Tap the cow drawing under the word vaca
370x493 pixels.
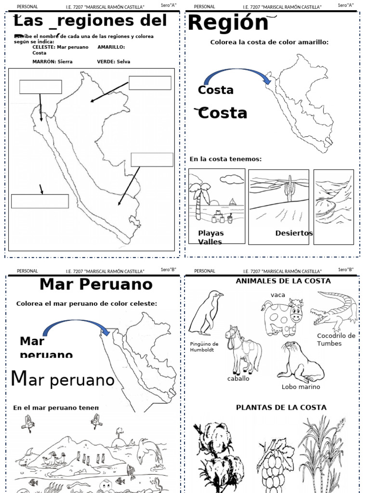point(283,317)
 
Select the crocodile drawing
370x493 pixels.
point(333,308)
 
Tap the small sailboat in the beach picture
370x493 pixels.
point(233,202)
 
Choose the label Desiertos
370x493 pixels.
point(294,233)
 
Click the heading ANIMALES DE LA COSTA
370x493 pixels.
point(277,281)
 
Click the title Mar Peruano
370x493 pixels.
point(96,284)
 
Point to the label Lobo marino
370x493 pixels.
point(301,387)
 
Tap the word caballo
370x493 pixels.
point(238,379)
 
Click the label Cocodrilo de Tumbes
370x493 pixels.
point(336,339)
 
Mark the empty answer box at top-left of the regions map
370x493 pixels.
point(40,87)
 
